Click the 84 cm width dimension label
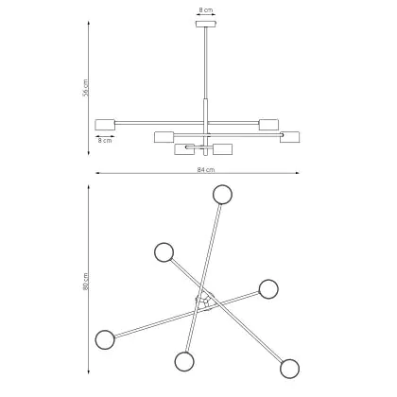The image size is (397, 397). (206, 170)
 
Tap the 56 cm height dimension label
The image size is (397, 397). (86, 88)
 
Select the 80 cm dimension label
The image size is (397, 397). (86, 282)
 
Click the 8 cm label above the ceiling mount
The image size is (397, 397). (206, 10)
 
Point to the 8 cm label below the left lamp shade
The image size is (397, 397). (105, 141)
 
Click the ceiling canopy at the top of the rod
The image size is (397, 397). (206, 24)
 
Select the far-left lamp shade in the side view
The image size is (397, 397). (105, 125)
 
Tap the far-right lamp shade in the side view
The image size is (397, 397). (290, 137)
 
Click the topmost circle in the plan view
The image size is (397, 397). (222, 195)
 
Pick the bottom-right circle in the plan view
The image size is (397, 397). (289, 369)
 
